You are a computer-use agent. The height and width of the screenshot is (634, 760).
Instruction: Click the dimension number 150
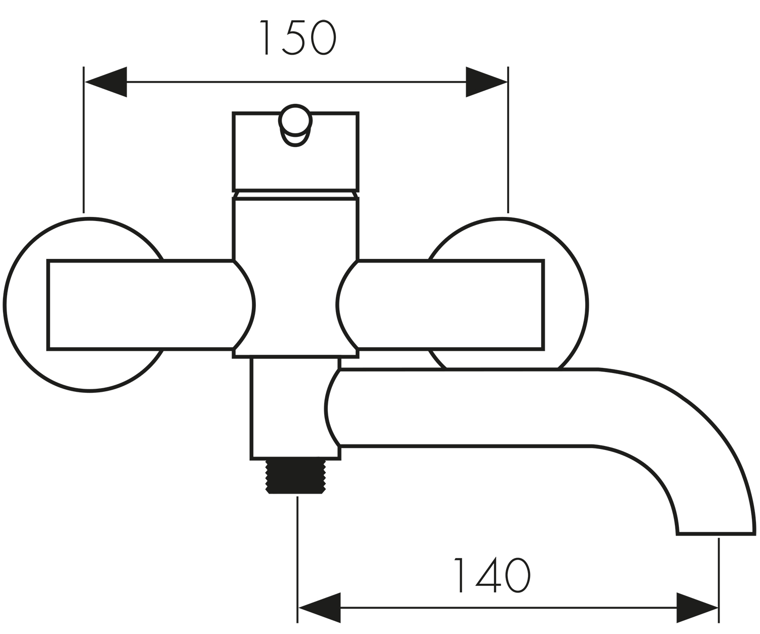297,37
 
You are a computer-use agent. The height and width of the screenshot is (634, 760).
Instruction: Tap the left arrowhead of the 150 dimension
105,82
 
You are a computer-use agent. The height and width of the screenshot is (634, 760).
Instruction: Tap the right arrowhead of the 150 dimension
486,82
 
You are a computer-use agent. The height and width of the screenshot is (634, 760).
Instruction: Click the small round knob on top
295,125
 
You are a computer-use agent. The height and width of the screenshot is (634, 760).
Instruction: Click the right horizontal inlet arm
440,305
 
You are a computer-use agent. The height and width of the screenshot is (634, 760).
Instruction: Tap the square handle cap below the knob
295,152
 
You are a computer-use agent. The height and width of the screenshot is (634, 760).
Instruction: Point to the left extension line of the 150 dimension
84,140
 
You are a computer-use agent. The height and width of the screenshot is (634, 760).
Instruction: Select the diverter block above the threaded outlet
295,408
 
